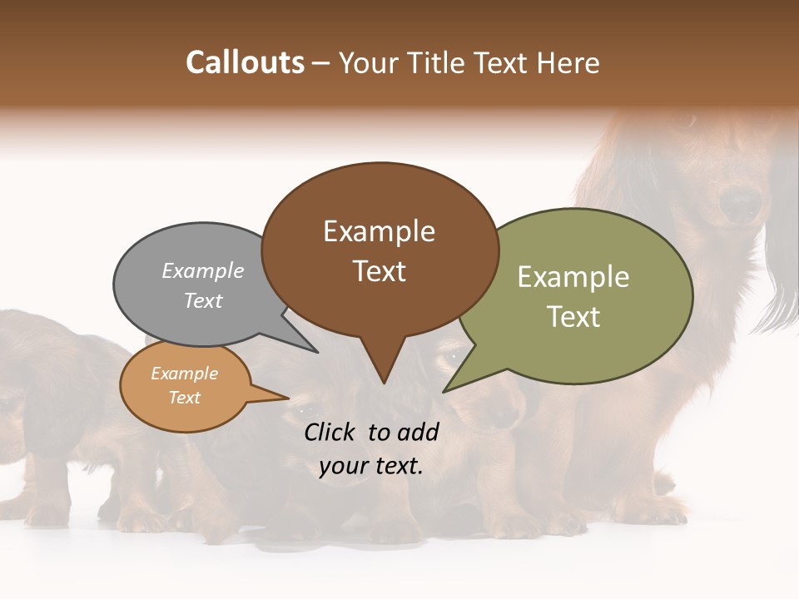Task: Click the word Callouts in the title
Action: [x=245, y=62]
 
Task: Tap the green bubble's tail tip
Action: [x=444, y=391]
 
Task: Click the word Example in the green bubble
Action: [x=573, y=277]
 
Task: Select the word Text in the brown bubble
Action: [x=380, y=271]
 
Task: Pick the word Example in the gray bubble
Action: [x=203, y=270]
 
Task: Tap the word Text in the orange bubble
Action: [x=185, y=398]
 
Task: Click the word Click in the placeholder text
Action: [x=331, y=432]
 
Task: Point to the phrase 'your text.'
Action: [x=371, y=466]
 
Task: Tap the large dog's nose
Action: [x=739, y=202]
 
